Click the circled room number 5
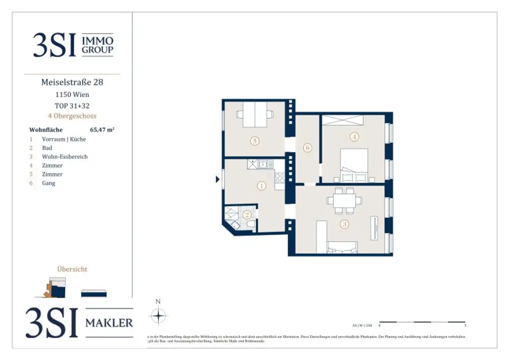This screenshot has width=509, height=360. click(254, 141)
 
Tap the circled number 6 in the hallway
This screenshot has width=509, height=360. click(307, 148)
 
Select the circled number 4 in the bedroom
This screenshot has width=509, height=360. click(354, 136)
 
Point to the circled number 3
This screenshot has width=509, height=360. click(344, 224)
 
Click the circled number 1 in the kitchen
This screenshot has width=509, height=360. click(261, 186)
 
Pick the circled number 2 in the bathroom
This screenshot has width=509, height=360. click(247, 215)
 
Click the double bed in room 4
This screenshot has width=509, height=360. click(354, 166)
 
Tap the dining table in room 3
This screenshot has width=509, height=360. click(344, 200)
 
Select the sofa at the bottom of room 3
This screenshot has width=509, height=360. click(342, 247)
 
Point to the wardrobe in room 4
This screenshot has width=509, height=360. click(342, 120)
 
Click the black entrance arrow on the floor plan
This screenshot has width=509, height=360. click(218, 180)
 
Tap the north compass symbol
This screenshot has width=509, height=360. click(158, 314)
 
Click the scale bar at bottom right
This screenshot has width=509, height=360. click(422, 322)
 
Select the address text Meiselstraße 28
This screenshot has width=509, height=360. click(72, 83)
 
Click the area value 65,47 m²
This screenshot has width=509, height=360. click(102, 130)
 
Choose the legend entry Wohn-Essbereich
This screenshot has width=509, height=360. click(65, 157)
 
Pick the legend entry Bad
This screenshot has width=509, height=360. click(47, 148)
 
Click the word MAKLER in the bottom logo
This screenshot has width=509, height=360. click(109, 323)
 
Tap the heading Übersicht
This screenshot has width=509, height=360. click(72, 269)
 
